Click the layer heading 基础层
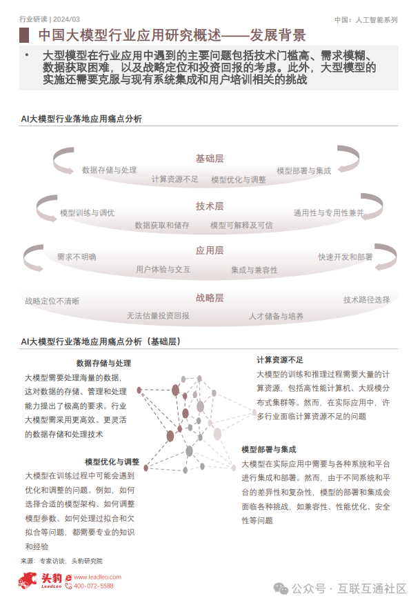210,159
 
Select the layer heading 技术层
210,206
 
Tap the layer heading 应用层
210,250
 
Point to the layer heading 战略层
210,298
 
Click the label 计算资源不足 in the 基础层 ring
175,179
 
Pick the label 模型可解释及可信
241,225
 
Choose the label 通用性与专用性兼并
329,212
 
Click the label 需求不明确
77,257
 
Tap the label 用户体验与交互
163,269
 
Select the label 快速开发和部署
346,257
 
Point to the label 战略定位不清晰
52,301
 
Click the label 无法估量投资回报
158,315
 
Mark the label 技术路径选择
367,299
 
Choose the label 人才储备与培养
276,316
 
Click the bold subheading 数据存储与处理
103,363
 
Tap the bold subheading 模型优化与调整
112,462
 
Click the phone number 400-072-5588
93,586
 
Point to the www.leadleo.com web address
97,577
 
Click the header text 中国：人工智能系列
366,20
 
